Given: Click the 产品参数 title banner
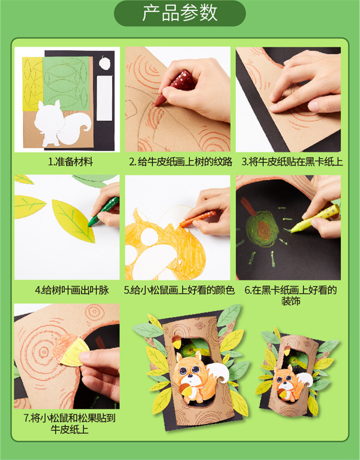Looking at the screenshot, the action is coord(180,13).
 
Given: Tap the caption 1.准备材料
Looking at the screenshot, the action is coord(71,162).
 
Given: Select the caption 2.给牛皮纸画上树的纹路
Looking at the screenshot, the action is coord(180,162).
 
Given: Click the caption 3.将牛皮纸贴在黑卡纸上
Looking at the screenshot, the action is coord(292,162).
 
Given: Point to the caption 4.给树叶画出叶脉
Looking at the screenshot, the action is coord(72,290).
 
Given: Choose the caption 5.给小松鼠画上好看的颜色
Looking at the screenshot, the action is coord(179,290).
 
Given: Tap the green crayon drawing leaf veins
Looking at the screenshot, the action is coord(103,211).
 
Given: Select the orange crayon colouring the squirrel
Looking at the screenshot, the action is coord(198,219).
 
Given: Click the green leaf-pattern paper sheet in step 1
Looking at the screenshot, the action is coord(66,83).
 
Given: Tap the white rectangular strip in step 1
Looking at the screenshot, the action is coord(105,98).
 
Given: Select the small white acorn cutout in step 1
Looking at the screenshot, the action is coord(105,63).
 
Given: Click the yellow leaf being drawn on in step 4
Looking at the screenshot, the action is coord(73,221).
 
